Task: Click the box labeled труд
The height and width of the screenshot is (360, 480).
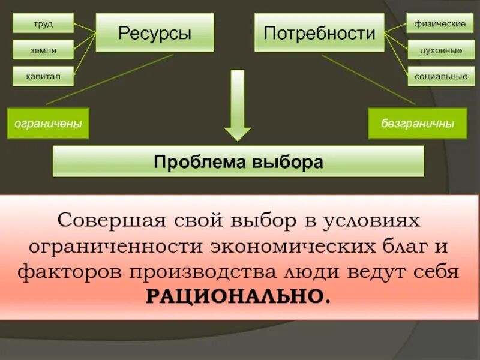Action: (x=43, y=23)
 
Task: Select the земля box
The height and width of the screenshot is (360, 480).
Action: (x=43, y=50)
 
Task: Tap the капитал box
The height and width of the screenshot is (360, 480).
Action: (x=43, y=76)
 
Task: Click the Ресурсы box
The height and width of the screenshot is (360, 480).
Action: (x=154, y=34)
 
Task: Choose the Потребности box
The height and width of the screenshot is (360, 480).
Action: (x=319, y=34)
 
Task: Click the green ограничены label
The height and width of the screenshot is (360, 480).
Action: (x=48, y=123)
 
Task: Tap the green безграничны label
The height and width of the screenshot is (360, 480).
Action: (x=418, y=123)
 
